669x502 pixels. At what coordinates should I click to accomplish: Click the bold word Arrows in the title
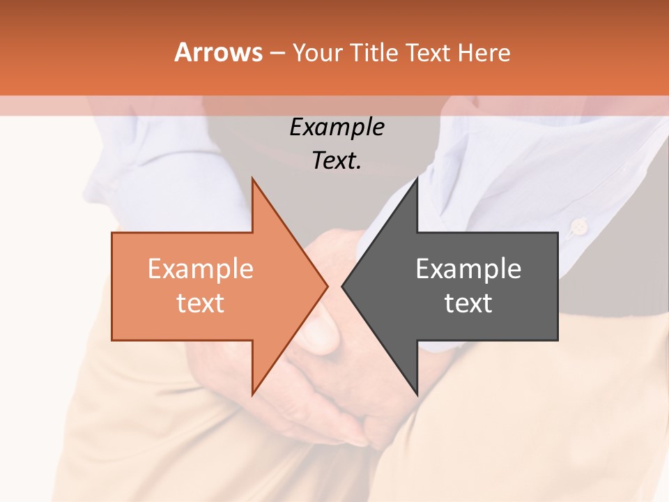(x=218, y=52)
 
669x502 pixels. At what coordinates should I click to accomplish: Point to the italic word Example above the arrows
(x=337, y=128)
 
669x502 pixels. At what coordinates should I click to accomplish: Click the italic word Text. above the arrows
(x=337, y=160)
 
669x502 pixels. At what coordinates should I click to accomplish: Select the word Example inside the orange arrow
(x=200, y=269)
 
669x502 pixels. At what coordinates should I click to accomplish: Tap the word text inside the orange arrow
(x=200, y=303)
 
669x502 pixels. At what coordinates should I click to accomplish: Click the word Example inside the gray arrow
(x=468, y=269)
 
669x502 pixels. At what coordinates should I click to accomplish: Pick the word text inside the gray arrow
(x=468, y=303)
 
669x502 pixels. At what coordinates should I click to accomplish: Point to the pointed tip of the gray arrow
(x=343, y=286)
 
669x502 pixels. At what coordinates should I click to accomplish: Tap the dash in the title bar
(x=277, y=53)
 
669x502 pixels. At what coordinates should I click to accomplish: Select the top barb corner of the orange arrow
(x=253, y=179)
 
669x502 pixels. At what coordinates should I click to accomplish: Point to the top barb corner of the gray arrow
(x=417, y=179)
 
